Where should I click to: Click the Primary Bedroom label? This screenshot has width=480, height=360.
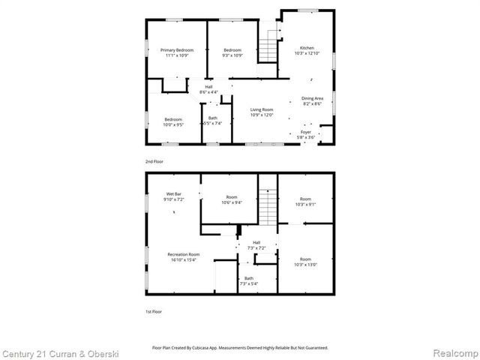[177, 49]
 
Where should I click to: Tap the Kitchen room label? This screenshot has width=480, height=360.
[307, 47]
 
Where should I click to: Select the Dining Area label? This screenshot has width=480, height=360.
[312, 98]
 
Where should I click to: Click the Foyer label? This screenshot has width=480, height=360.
[306, 132]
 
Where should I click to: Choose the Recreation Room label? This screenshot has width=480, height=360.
[183, 254]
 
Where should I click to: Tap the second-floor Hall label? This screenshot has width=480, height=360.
[208, 86]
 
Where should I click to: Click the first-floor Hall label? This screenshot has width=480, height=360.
[256, 242]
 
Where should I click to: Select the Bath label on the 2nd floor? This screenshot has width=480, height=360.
[213, 118]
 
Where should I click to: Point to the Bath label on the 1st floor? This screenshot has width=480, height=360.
[248, 278]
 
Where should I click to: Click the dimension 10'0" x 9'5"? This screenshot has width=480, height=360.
[173, 124]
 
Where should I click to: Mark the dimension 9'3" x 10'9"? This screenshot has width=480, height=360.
[232, 55]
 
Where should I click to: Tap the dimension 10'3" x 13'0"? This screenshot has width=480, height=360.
[305, 264]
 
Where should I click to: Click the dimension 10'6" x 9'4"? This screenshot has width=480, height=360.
[231, 202]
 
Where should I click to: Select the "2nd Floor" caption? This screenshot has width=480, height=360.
[154, 161]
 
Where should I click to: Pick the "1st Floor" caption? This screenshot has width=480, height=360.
[153, 310]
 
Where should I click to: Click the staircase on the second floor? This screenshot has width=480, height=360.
[268, 48]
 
